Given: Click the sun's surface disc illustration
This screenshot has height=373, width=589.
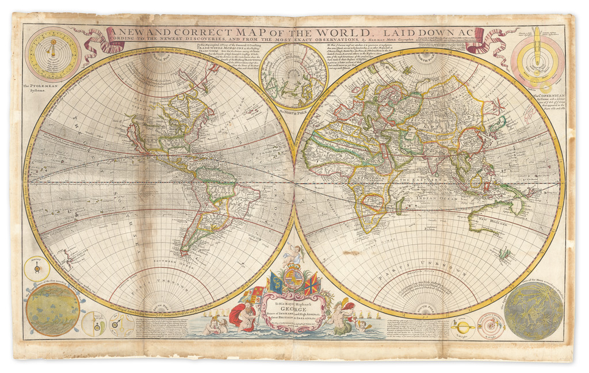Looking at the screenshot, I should pos(53,310).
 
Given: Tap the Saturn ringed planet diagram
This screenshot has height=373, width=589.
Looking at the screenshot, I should pos(462,326).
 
